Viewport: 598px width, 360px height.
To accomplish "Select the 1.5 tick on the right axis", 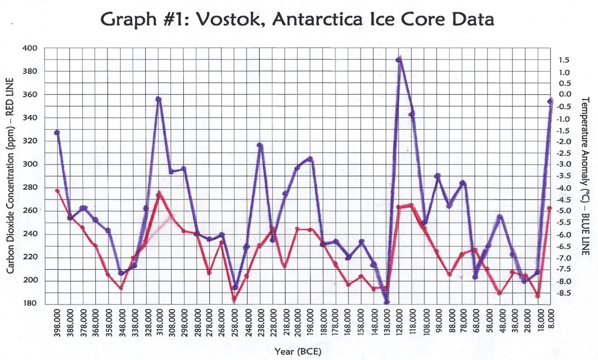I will (x=564, y=60).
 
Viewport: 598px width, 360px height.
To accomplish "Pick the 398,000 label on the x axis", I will (x=58, y=325).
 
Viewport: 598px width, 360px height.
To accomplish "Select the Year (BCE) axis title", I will (x=298, y=352).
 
